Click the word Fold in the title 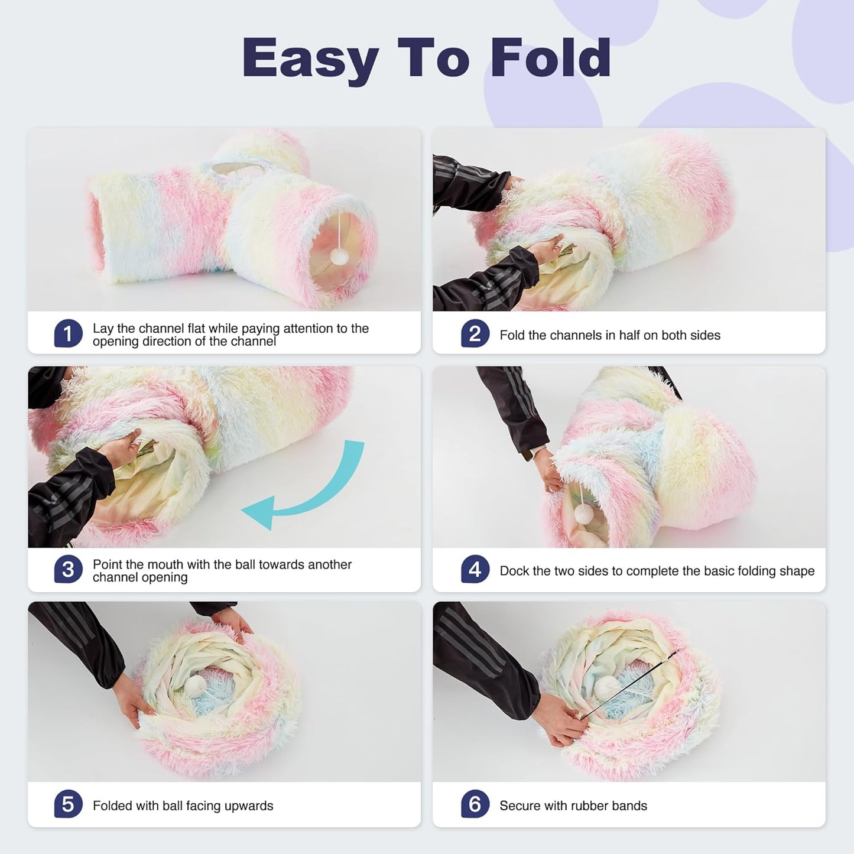coord(550,57)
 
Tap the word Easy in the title coord(310,59)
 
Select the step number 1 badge coord(68,334)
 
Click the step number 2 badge coord(475,334)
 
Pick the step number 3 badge coord(68,570)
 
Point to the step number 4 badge coord(475,570)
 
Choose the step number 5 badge coord(68,804)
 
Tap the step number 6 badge coord(475,804)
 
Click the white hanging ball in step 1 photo coord(339,256)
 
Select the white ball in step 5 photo coord(195,686)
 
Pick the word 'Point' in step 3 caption coord(109,564)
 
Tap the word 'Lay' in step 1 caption coord(103,329)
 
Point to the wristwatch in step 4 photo coord(527,455)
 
